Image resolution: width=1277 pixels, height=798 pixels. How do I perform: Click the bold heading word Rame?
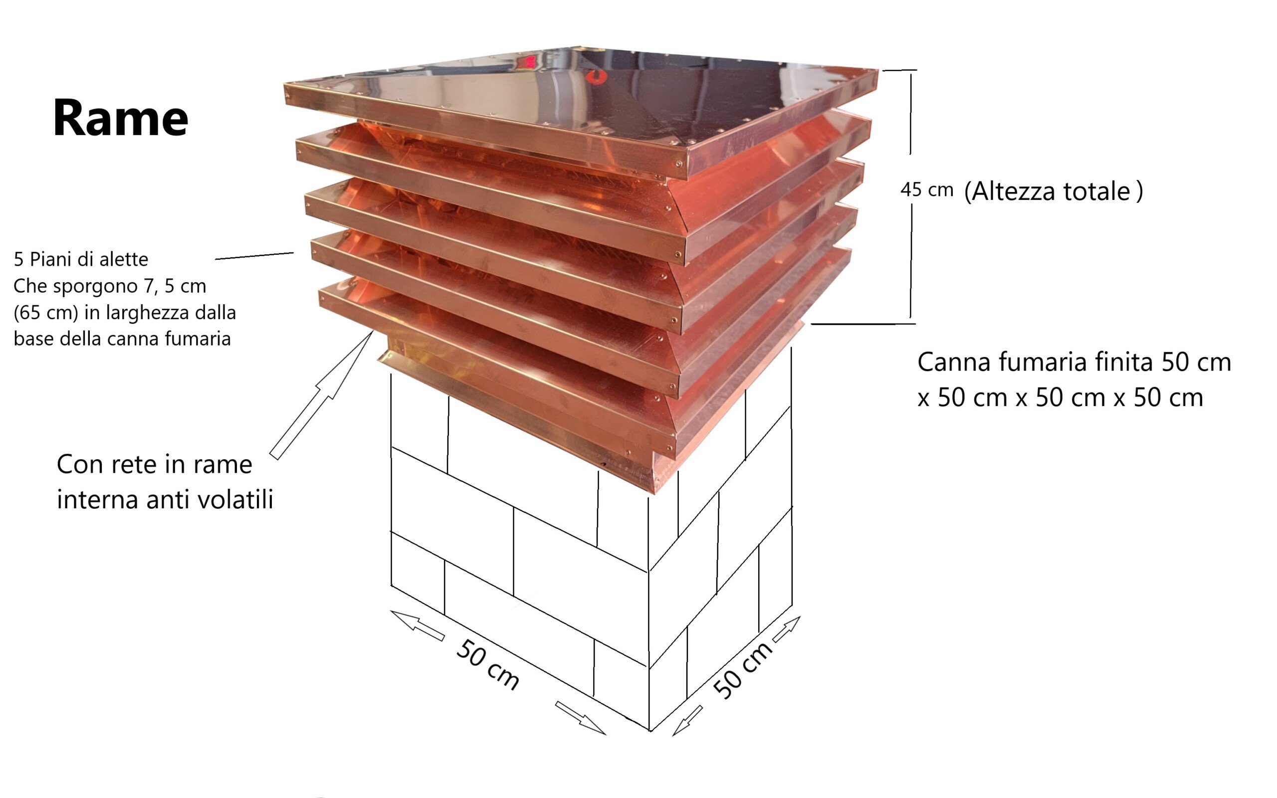(x=120, y=118)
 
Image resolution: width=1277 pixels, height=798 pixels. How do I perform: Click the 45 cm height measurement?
(x=927, y=190)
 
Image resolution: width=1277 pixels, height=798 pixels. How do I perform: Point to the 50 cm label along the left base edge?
(x=487, y=664)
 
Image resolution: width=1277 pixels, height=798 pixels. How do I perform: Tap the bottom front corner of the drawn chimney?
(x=649, y=731)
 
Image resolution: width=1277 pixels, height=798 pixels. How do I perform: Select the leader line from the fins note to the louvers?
(x=254, y=256)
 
